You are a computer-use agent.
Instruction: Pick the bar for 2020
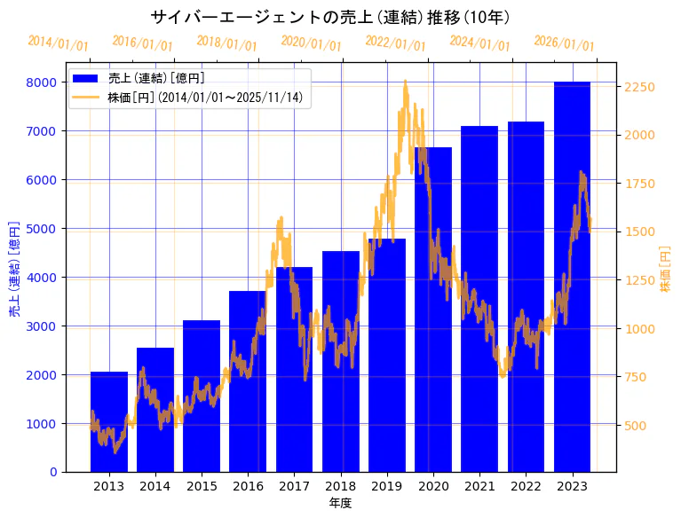(x=433, y=310)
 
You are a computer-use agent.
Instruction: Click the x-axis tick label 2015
(x=202, y=486)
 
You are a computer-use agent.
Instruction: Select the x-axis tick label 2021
(x=479, y=486)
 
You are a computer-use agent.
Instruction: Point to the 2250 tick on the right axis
(x=639, y=87)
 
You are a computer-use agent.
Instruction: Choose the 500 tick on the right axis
(x=635, y=426)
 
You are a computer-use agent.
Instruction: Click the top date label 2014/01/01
(x=58, y=43)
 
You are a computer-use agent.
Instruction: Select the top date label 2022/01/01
(x=395, y=43)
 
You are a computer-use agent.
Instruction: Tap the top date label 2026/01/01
(x=564, y=43)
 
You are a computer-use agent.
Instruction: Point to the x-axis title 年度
(x=340, y=503)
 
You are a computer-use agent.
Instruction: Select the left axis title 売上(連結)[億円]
(x=13, y=269)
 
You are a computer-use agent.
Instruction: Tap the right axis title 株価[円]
(x=666, y=270)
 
